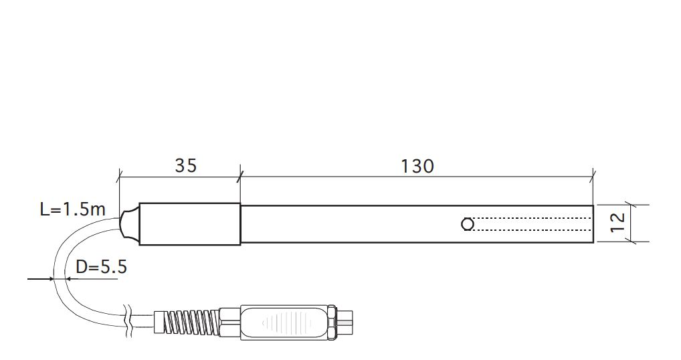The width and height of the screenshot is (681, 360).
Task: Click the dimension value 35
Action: pyautogui.click(x=186, y=165)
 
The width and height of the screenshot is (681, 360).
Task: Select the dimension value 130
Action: pyautogui.click(x=417, y=165)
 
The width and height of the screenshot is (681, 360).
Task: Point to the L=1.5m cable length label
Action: pyautogui.click(x=72, y=209)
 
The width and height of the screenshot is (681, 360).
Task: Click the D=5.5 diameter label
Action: pyautogui.click(x=101, y=268)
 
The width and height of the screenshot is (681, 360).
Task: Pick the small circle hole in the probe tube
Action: pyautogui.click(x=468, y=224)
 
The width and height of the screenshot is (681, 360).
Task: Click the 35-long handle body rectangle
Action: pyautogui.click(x=189, y=223)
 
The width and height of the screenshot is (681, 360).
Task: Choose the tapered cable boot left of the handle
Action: pyautogui.click(x=128, y=223)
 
